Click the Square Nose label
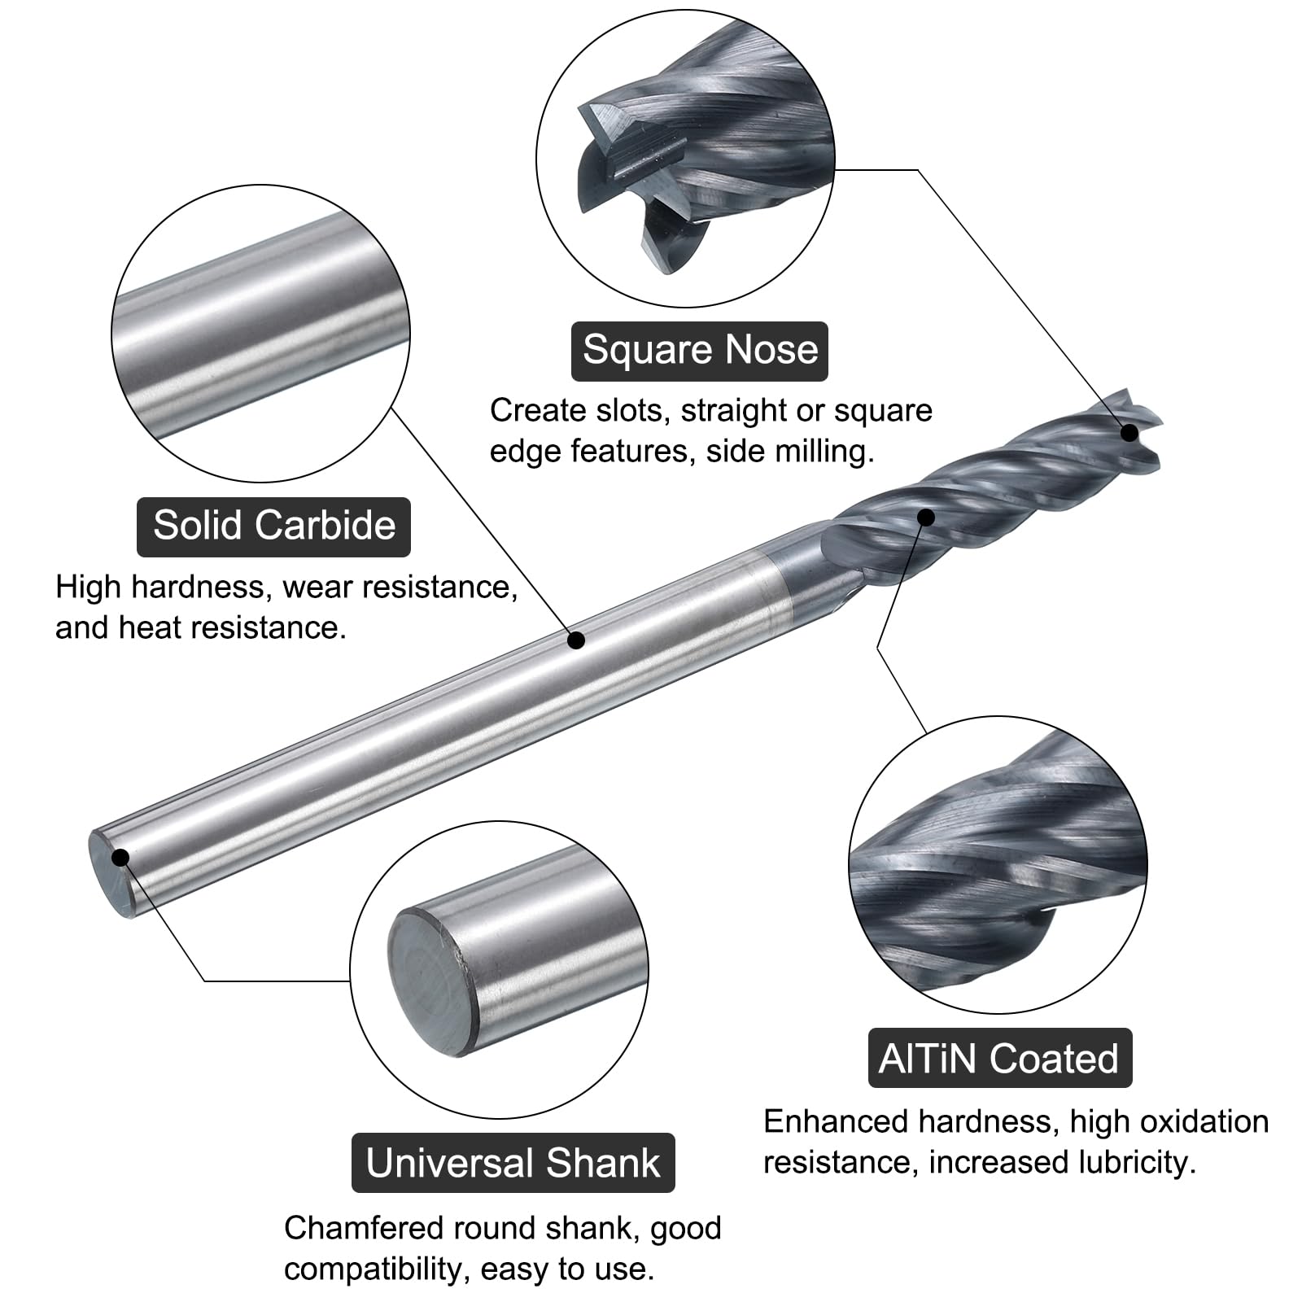pos(699,351)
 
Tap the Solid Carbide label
pos(273,526)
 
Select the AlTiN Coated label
pos(999,1058)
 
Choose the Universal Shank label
pos(513,1163)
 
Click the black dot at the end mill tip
pos(1129,433)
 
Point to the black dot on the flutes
pos(926,517)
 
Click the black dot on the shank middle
pos(576,640)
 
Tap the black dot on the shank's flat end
pos(120,858)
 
